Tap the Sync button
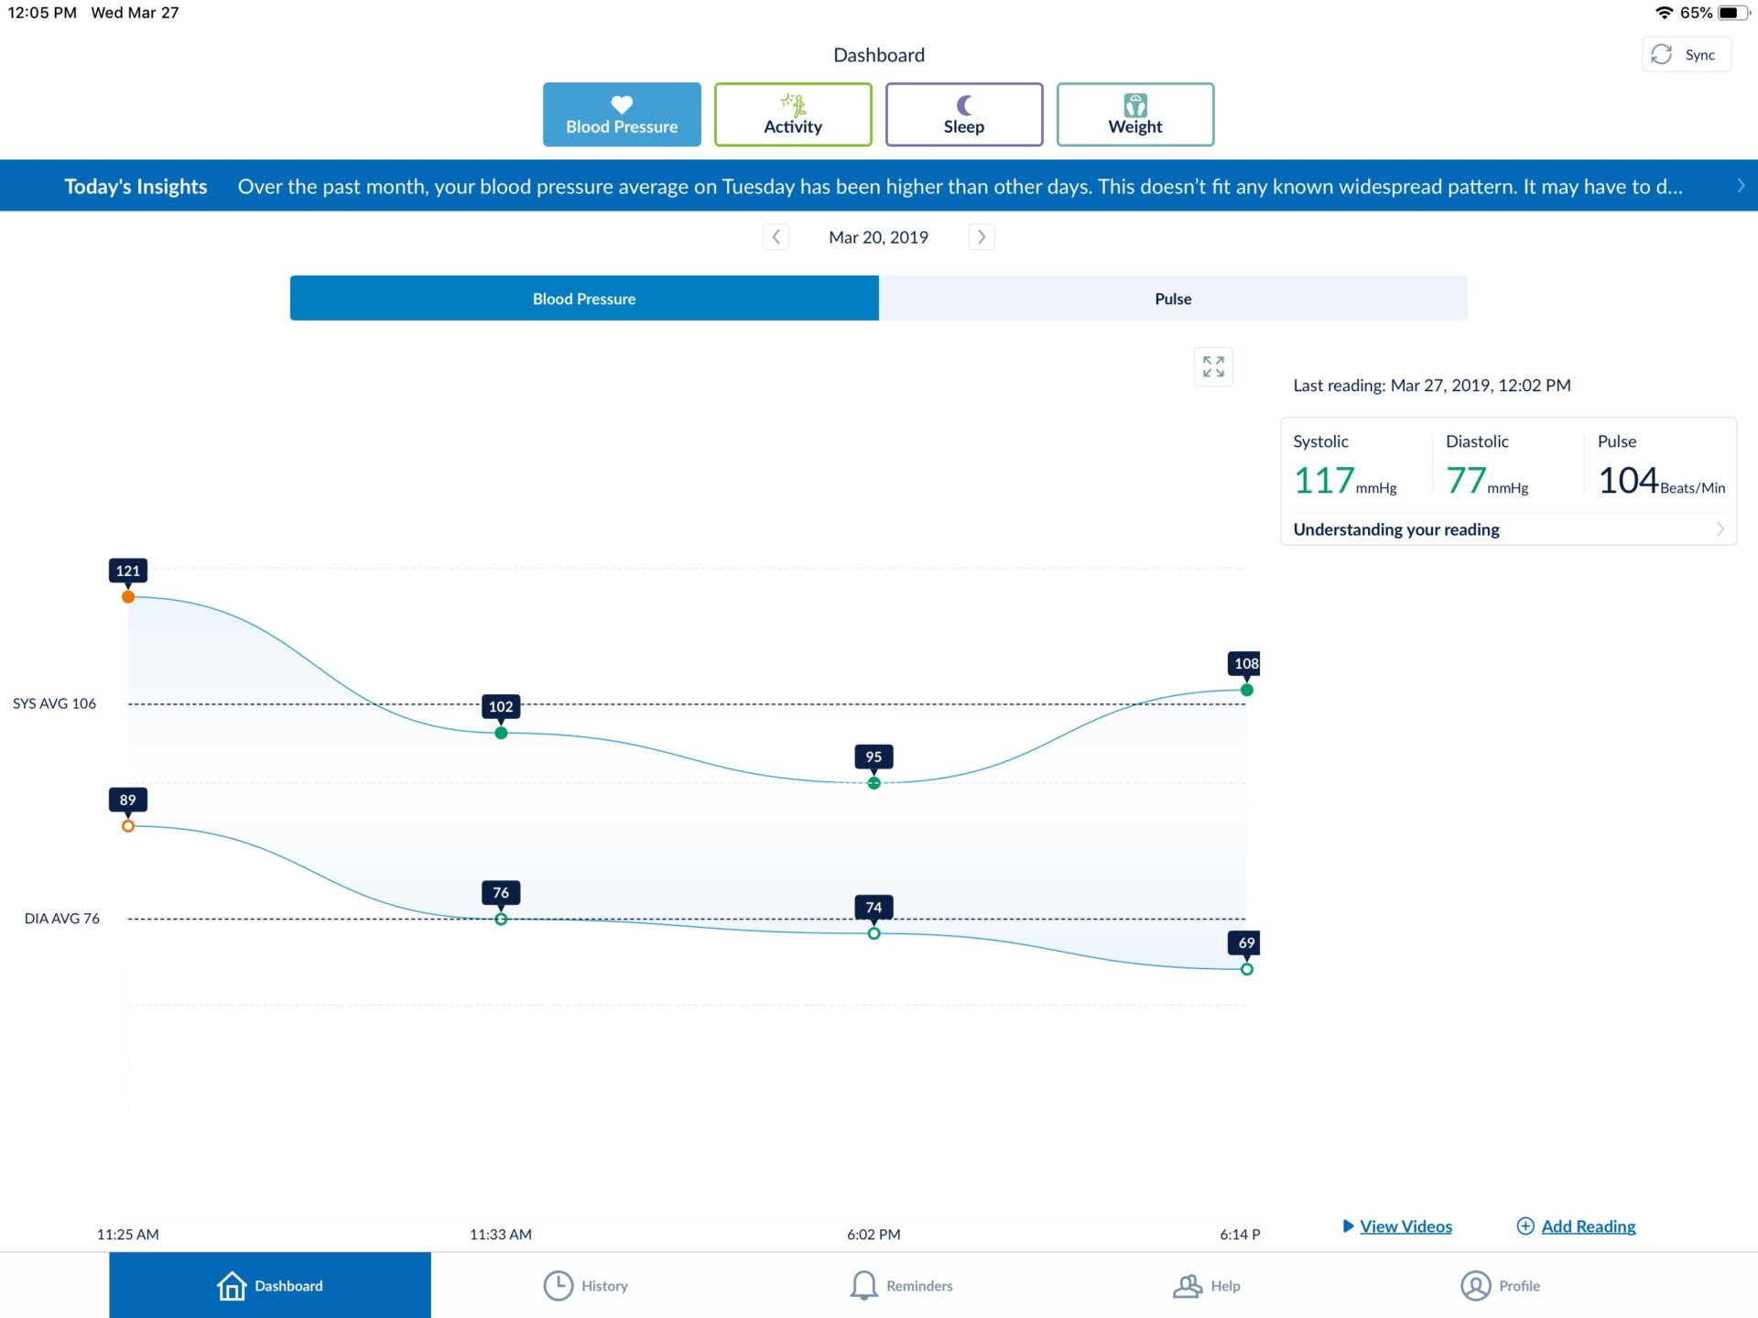tap(1686, 55)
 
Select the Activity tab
tap(793, 114)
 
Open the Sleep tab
tap(963, 114)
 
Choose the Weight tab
tap(1134, 114)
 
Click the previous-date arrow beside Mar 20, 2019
tap(776, 237)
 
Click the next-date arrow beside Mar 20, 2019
tap(982, 237)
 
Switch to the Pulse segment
tap(1172, 299)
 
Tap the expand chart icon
tap(1213, 366)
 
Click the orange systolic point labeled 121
tap(128, 597)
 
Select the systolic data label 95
tap(874, 757)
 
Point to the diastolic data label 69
tap(1245, 942)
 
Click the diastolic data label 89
tap(128, 800)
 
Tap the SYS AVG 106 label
tap(54, 703)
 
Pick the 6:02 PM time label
tap(874, 1234)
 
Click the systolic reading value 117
tap(1323, 481)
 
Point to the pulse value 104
tap(1628, 481)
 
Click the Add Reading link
tap(1587, 1226)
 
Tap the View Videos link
tap(1405, 1226)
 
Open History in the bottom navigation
tap(586, 1286)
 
